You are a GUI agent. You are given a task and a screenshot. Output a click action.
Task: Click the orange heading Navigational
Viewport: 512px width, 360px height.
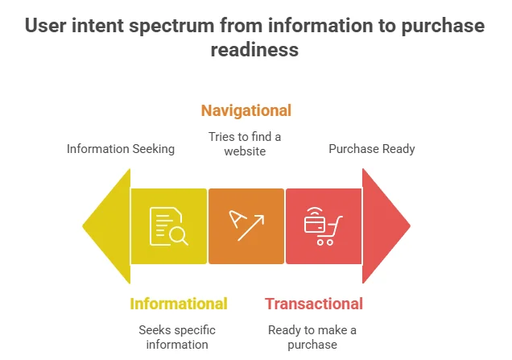246,110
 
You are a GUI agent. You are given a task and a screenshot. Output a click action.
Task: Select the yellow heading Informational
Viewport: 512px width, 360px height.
179,304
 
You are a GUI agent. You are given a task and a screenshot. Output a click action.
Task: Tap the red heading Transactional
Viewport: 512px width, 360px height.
314,304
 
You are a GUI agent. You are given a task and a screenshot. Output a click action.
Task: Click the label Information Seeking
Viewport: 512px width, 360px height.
121,149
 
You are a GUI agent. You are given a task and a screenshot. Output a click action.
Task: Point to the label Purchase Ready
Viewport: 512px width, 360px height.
372,149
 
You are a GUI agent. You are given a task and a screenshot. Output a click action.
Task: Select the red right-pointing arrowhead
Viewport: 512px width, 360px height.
386,226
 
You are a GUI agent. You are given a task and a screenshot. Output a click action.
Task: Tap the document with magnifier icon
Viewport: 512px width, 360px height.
169,226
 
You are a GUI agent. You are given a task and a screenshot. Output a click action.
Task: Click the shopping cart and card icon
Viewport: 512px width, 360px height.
324,226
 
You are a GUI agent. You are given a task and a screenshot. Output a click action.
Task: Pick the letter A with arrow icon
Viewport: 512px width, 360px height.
246,226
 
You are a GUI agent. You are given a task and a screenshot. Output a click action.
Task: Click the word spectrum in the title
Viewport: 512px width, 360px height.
171,26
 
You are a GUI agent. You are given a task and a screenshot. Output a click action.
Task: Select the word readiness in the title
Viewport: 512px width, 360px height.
254,50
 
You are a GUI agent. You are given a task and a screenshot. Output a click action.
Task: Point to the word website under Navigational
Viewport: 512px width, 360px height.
245,151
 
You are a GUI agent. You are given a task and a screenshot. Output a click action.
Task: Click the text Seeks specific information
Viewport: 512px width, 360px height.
177,337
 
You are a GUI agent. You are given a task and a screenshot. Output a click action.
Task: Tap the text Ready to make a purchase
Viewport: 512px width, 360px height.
312,337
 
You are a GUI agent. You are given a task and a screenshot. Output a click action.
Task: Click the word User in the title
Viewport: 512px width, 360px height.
46,26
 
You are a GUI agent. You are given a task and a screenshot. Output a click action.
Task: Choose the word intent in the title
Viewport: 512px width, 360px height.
97,26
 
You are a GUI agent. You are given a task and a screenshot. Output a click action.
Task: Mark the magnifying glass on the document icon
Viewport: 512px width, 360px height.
179,235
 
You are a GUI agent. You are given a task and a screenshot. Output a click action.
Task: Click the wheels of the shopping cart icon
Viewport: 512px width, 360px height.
325,242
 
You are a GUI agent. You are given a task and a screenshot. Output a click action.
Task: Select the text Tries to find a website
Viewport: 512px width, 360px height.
245,144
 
